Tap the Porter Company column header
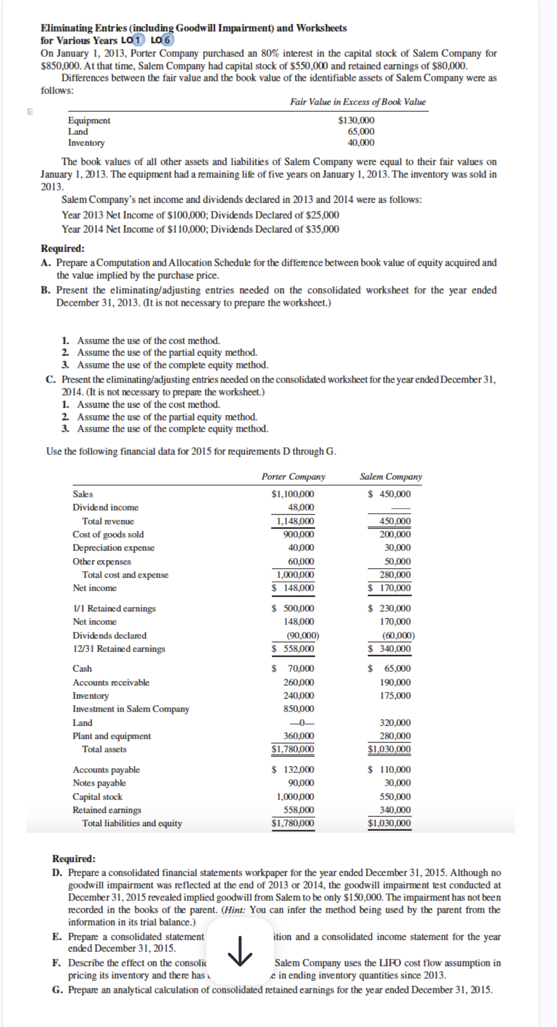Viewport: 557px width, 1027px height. (x=293, y=477)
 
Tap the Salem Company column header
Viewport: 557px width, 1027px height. (x=391, y=477)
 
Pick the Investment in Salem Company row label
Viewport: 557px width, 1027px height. (x=131, y=709)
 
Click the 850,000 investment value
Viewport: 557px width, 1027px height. (x=298, y=709)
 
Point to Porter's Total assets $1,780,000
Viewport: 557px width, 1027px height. (x=293, y=749)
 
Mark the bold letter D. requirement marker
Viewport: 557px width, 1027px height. (x=57, y=873)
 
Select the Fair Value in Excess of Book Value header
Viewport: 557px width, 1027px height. (x=357, y=102)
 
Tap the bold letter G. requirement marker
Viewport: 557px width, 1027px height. (x=57, y=990)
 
